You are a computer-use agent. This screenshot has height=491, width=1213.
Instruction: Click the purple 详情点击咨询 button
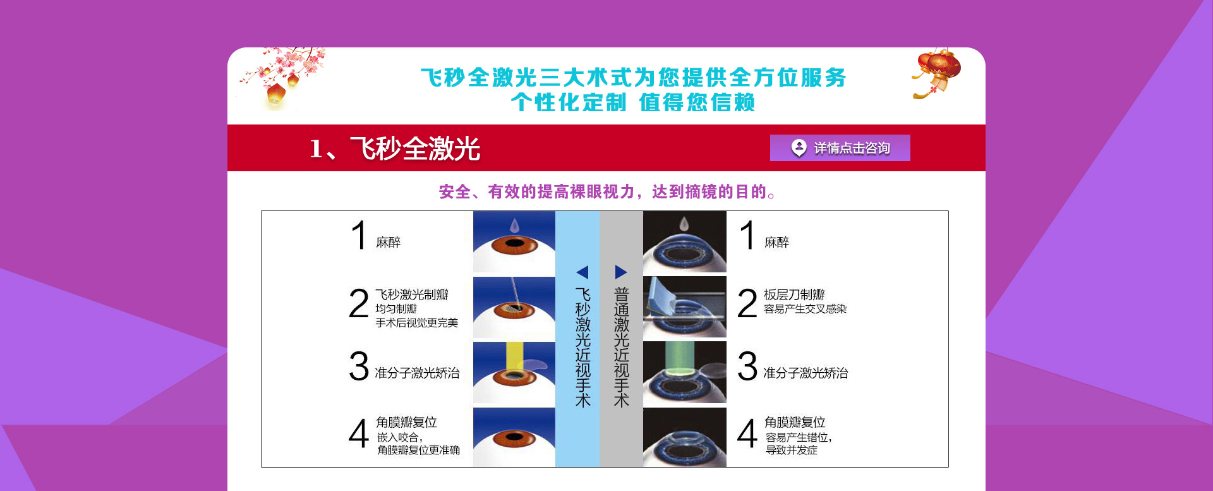840,148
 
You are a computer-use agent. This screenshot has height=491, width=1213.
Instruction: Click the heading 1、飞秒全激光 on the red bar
395,149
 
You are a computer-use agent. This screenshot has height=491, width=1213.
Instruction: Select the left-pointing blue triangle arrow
582,272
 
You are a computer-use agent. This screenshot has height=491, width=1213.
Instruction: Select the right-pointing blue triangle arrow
621,272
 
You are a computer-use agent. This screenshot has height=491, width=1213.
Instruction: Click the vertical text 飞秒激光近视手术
582,348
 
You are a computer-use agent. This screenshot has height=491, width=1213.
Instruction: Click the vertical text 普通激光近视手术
622,348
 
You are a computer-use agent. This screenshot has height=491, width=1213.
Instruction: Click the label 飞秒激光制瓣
411,294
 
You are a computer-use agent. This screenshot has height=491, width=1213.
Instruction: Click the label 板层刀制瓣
794,294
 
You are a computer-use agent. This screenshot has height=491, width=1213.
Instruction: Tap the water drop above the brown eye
514,225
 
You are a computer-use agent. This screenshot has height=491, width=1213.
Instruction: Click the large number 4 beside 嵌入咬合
358,434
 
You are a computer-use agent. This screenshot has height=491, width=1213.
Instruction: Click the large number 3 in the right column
747,367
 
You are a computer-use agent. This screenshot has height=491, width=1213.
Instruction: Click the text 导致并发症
792,450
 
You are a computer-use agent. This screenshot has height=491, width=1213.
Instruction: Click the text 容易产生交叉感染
805,309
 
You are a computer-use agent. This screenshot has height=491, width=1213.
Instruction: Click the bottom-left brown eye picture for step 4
514,437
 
